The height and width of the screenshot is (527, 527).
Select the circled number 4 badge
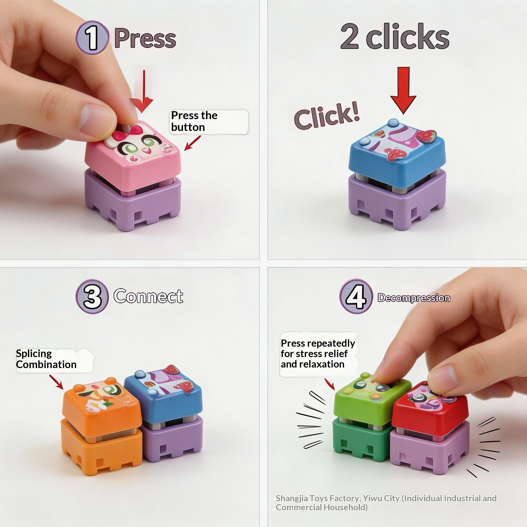tap(356, 296)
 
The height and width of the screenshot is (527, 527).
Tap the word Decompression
tap(414, 298)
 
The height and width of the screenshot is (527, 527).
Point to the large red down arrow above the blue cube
tap(403, 91)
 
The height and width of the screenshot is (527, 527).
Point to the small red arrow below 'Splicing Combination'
tap(56, 382)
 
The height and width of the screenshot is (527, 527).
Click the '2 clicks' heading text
tap(395, 37)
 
